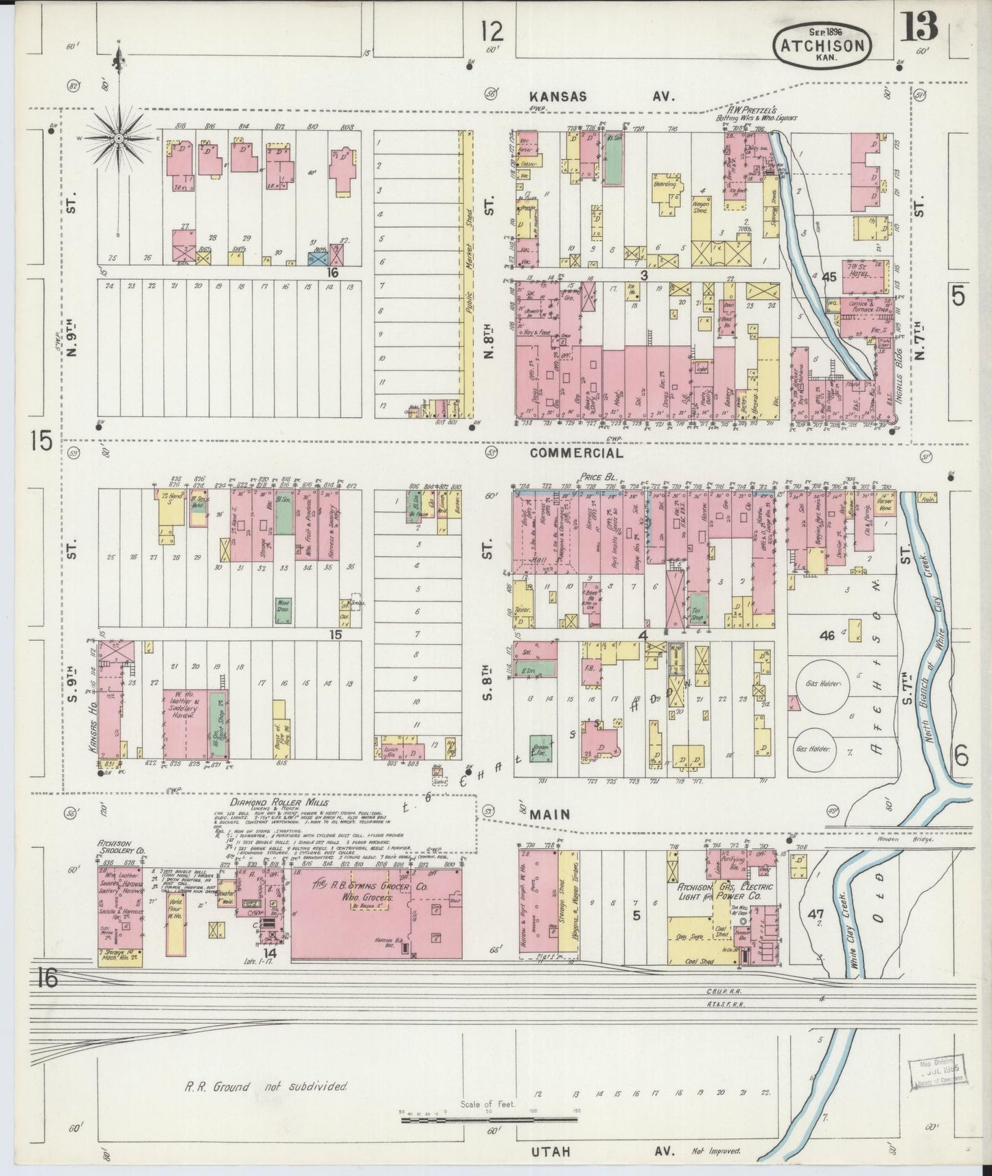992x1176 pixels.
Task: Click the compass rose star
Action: tap(119, 139)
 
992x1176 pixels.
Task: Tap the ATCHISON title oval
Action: tap(823, 45)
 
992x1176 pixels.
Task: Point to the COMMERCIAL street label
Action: tap(577, 453)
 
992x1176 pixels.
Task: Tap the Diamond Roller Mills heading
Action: tap(279, 802)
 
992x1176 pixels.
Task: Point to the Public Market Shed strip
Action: tap(468, 274)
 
